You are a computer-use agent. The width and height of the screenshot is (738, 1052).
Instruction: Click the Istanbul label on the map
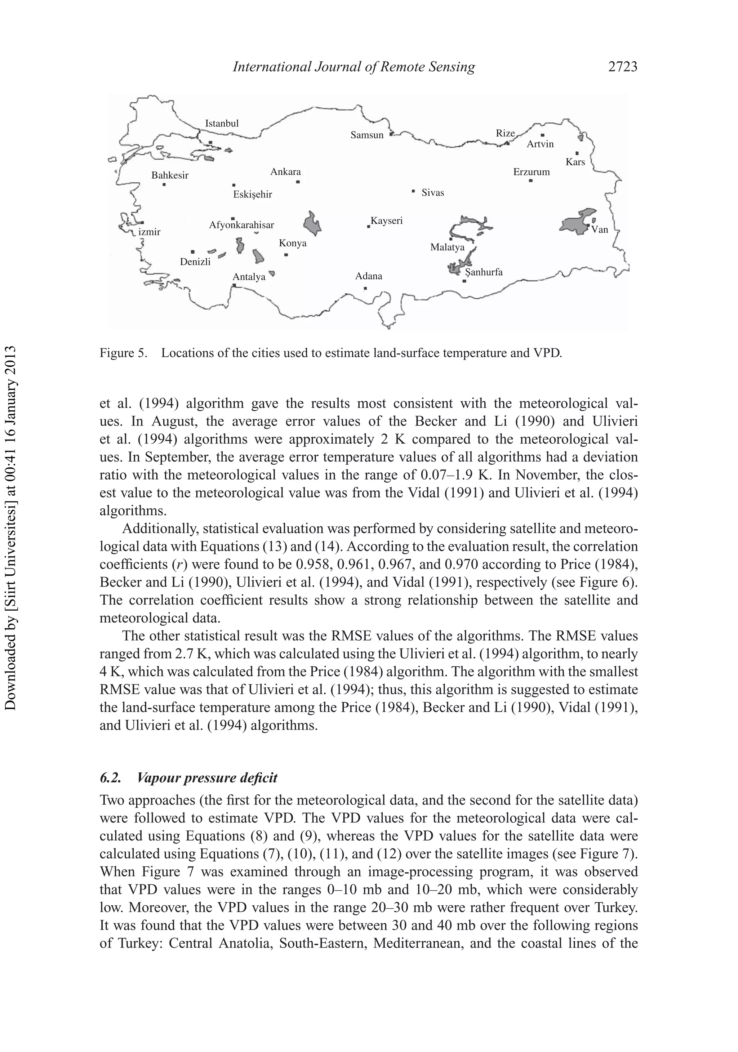[x=222, y=123]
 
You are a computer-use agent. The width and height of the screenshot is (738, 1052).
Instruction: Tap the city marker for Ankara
[x=298, y=182]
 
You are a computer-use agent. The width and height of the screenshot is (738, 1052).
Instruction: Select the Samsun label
[x=367, y=135]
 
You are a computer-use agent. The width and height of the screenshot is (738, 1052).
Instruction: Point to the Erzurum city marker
[x=530, y=180]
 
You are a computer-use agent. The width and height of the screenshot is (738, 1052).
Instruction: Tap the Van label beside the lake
[x=600, y=229]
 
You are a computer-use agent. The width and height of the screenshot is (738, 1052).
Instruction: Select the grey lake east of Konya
[x=312, y=223]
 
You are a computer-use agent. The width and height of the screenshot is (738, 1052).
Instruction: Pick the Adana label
[x=369, y=276]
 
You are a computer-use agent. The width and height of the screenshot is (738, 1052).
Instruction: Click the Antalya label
[x=249, y=277]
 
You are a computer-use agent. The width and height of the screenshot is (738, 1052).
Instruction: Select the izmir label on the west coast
[x=150, y=232]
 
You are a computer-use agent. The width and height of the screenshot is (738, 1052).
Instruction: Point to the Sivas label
[x=433, y=192]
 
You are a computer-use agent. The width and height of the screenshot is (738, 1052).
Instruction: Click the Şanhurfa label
[x=484, y=272]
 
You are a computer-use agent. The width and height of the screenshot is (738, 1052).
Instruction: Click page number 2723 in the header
[x=622, y=67]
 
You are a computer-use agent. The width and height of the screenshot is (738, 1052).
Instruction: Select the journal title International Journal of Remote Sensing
[x=354, y=67]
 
